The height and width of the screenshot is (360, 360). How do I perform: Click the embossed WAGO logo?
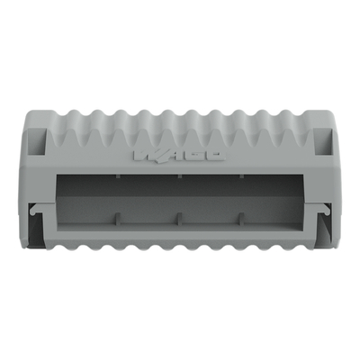point(180,155)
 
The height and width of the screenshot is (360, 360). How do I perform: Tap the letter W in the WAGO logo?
point(148,155)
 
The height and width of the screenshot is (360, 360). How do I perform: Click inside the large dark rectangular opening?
point(180,198)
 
